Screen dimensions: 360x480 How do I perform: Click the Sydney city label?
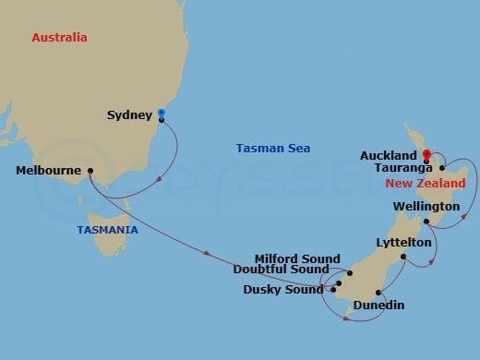(128, 115)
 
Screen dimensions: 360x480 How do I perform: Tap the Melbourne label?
(48, 171)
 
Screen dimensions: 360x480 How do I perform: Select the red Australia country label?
(59, 38)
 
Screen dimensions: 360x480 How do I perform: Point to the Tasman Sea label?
(272, 148)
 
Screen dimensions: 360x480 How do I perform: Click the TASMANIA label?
(108, 230)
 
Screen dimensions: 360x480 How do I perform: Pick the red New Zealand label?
(417, 185)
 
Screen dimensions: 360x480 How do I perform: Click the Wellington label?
(426, 206)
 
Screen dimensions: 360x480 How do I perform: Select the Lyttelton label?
(404, 242)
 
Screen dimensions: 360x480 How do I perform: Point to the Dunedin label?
(378, 305)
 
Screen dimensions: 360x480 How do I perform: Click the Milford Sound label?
(298, 258)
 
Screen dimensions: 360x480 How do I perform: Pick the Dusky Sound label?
(283, 289)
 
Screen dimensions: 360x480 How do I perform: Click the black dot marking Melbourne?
(90, 171)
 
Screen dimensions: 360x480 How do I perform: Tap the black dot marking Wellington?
(426, 222)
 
